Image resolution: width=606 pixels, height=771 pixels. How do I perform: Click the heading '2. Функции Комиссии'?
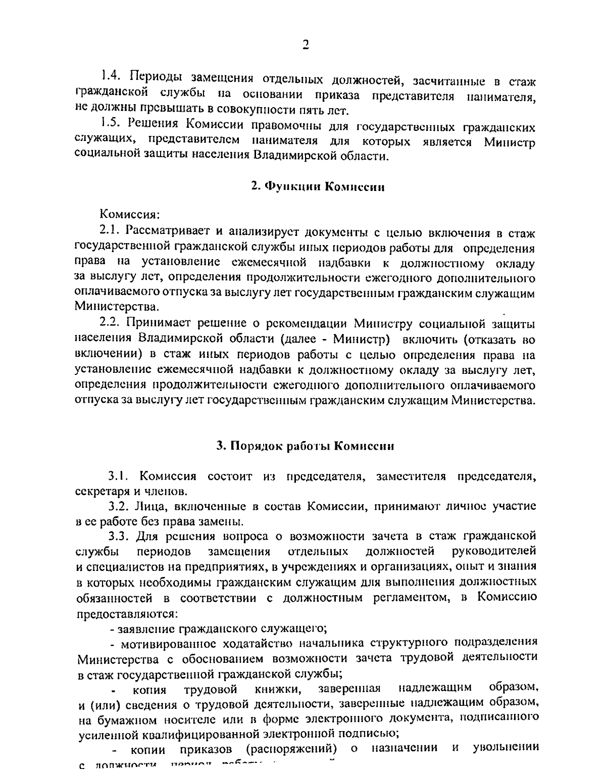pos(318,186)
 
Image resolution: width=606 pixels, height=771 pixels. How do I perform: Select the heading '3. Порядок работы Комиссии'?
pos(305,446)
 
